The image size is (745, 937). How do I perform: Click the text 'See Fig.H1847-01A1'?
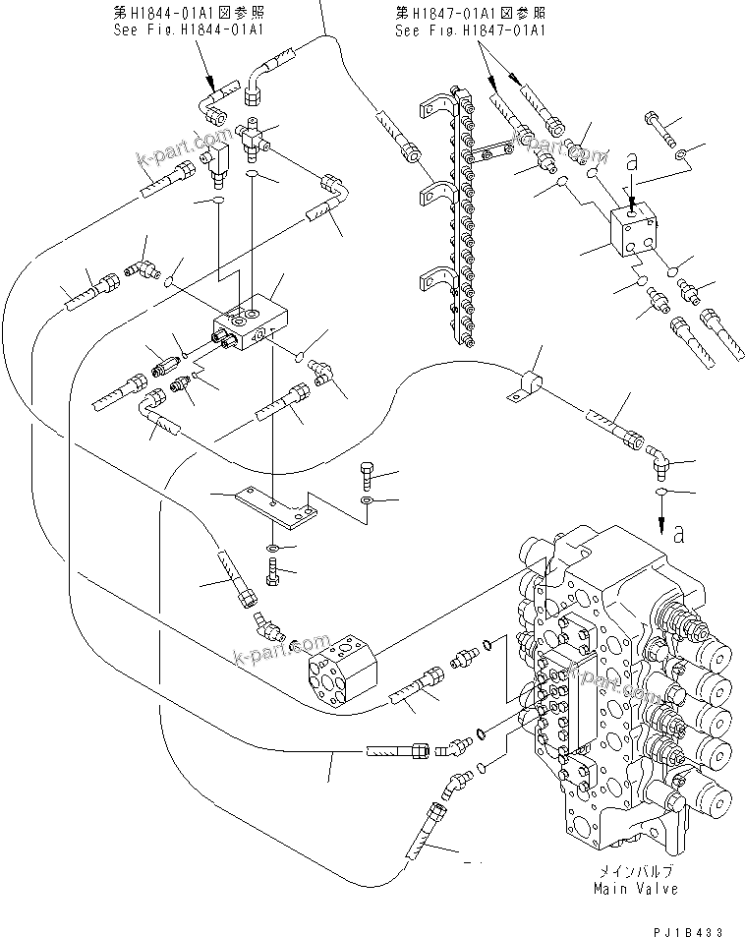[x=470, y=30]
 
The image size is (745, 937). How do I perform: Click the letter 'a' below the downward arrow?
[x=678, y=534]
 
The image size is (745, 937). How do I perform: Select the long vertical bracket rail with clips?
[x=458, y=216]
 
